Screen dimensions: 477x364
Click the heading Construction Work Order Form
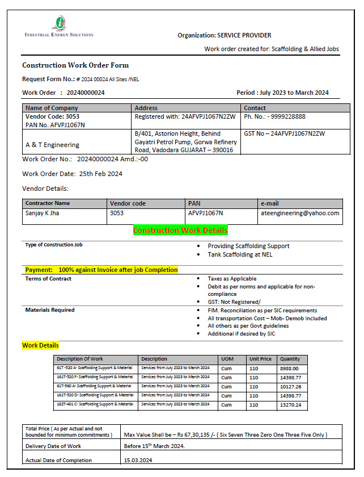point(75,65)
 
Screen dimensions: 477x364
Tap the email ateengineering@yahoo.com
point(300,213)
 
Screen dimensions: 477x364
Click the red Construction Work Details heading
point(180,230)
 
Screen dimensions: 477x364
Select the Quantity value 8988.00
point(290,368)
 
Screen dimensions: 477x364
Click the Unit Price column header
point(260,359)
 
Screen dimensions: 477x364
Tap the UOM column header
point(227,359)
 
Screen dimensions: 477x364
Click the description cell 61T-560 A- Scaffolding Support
point(95,386)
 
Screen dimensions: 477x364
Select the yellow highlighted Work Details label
point(40,345)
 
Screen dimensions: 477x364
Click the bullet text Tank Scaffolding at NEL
point(240,254)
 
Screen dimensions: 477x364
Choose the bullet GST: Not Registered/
point(234,302)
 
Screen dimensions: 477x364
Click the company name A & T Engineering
point(52,145)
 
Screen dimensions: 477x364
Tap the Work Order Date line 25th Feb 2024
point(72,174)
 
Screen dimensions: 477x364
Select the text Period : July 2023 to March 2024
point(282,93)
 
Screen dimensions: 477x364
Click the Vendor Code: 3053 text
point(53,116)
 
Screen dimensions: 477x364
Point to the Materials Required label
point(50,310)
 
